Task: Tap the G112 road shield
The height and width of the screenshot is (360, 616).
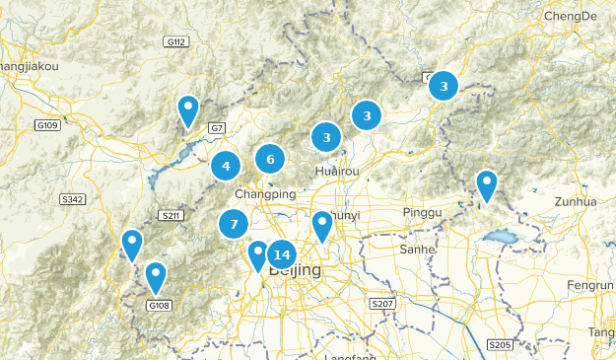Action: click(x=176, y=41)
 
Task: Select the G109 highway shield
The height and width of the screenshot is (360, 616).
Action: click(x=46, y=125)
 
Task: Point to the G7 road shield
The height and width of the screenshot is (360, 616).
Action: click(x=217, y=128)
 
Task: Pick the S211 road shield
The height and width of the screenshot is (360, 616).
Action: click(x=172, y=216)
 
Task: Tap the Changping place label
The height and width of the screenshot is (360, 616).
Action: click(x=265, y=194)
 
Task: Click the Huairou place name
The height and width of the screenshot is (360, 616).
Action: click(x=336, y=172)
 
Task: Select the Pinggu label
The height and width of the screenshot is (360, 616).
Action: click(x=424, y=213)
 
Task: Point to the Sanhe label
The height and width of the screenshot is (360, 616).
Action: click(x=417, y=250)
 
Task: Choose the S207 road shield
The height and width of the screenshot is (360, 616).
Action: click(x=383, y=304)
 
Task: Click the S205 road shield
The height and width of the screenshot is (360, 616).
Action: click(x=501, y=344)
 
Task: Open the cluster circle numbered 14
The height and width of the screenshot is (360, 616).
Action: click(x=281, y=254)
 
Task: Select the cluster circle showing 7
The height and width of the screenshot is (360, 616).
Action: click(x=234, y=225)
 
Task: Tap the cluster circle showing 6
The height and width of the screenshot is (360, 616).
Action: click(x=270, y=158)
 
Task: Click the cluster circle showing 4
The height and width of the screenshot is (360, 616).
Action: click(x=226, y=166)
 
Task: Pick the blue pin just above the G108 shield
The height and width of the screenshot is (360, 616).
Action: click(x=156, y=276)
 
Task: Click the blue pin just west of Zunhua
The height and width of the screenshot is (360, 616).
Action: click(x=486, y=184)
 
